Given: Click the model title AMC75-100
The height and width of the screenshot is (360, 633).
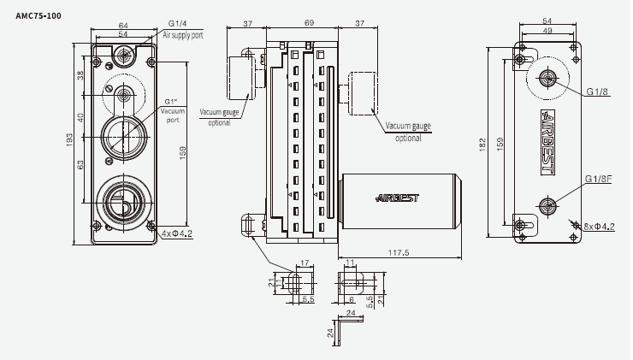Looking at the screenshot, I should pyautogui.click(x=38, y=15).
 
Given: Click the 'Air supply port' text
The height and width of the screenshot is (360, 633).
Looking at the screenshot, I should pyautogui.click(x=184, y=37).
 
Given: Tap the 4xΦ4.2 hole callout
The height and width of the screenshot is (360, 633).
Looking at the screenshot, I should pyautogui.click(x=175, y=232).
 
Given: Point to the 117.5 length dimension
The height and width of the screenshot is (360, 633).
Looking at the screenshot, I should pyautogui.click(x=402, y=253).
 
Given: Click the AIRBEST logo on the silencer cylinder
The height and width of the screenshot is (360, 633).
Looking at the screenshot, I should pyautogui.click(x=399, y=198).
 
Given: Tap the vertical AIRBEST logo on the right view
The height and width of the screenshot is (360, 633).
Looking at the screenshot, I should pyautogui.click(x=549, y=142).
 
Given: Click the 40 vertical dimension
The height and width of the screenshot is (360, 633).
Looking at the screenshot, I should pyautogui.click(x=80, y=117).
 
